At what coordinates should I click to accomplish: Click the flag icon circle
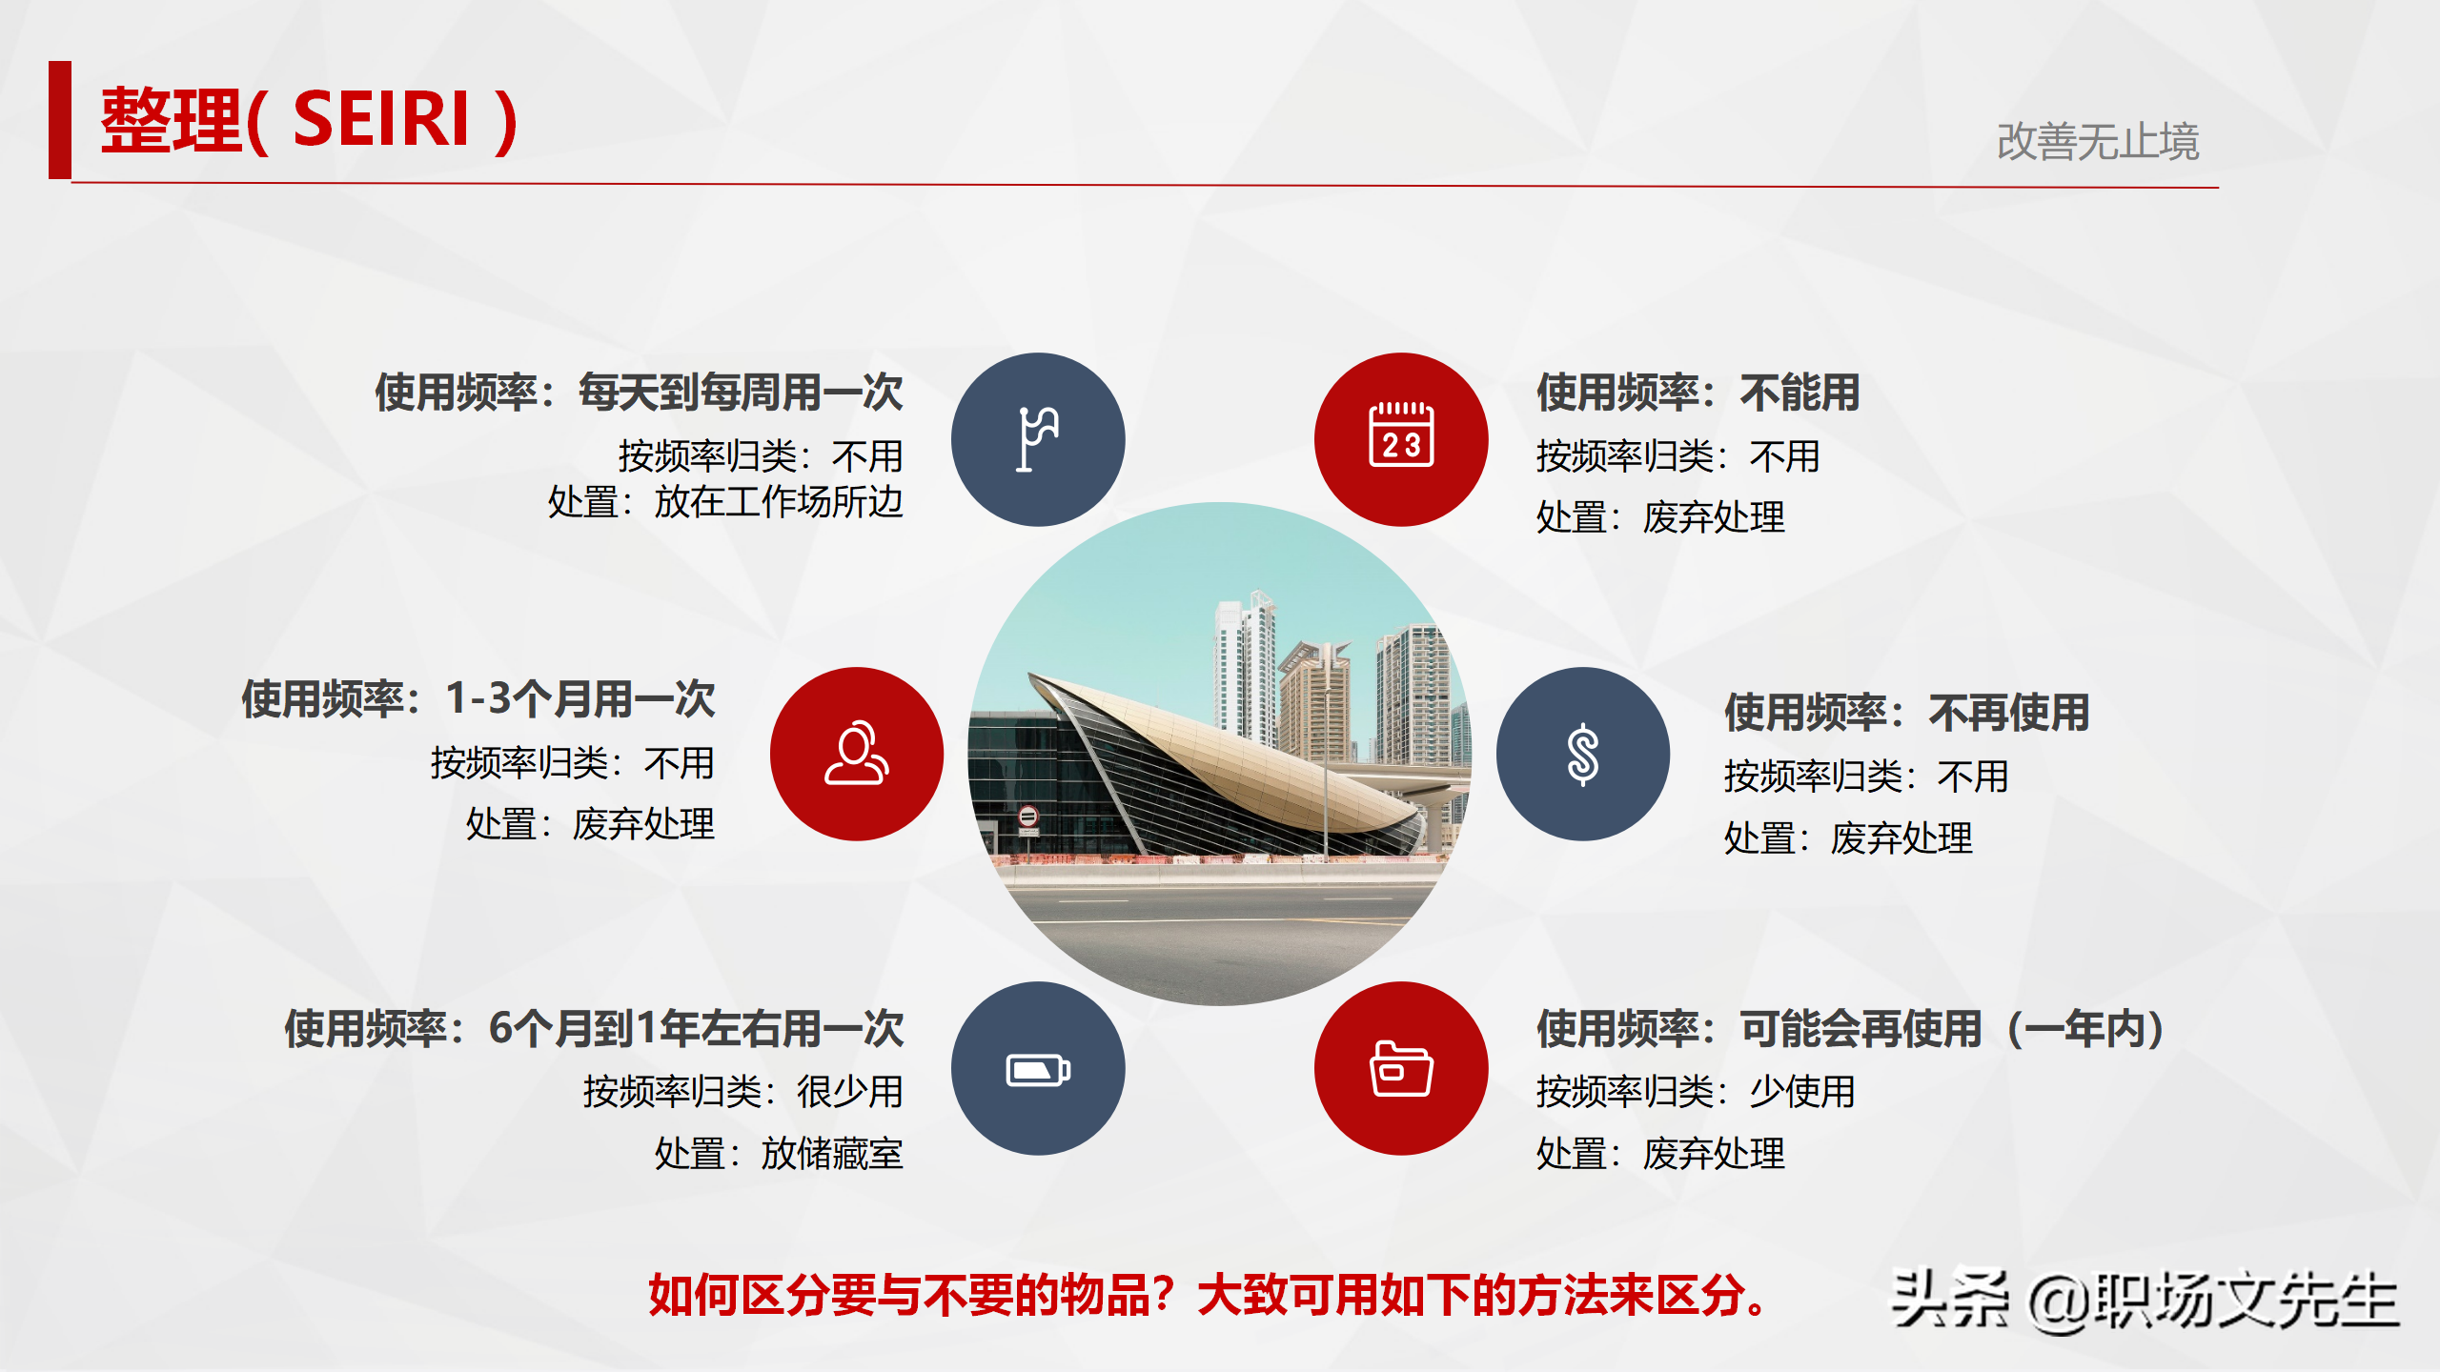coord(1038,439)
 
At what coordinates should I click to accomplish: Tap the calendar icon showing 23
coord(1401,439)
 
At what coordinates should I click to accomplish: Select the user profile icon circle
coord(857,754)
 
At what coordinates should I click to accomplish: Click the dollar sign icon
coord(1582,754)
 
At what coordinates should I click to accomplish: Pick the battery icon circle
coord(1038,1069)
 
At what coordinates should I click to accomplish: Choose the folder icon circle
coord(1401,1069)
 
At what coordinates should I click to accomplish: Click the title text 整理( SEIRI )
coord(309,120)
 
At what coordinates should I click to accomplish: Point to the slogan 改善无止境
coord(2097,142)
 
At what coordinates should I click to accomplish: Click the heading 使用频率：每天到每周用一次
coord(639,393)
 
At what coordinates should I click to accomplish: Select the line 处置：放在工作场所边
coord(724,502)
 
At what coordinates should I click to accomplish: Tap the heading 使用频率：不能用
coord(1698,393)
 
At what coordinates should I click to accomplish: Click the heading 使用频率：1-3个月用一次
coord(478,699)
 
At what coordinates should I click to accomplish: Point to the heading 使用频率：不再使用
coord(1906,713)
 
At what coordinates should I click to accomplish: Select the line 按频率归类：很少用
coord(742,1092)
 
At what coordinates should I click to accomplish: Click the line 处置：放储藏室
coord(778,1154)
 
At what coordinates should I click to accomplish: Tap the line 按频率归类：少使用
coord(1696,1092)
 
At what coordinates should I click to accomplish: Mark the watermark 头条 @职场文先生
coord(2145,1300)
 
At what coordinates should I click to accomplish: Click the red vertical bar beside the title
coord(60,120)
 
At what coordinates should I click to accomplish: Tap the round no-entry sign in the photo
coord(1027,817)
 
